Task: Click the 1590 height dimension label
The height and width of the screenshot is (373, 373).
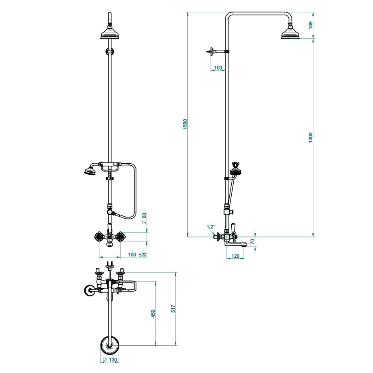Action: click(x=185, y=124)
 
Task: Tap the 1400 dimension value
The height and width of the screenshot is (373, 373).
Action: click(x=310, y=138)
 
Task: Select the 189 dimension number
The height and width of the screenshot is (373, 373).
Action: click(x=310, y=25)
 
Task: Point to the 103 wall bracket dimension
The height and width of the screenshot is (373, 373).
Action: click(x=218, y=68)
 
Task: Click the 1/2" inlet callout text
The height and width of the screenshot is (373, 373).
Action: click(x=211, y=227)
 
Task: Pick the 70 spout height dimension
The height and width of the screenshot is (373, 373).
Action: click(x=252, y=241)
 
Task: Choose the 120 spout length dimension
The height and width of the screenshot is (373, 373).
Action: click(x=235, y=256)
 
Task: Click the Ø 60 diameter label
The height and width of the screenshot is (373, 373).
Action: click(x=144, y=218)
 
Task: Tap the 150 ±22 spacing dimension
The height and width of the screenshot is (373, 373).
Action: click(x=138, y=255)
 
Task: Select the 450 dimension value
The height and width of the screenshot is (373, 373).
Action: click(x=153, y=313)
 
